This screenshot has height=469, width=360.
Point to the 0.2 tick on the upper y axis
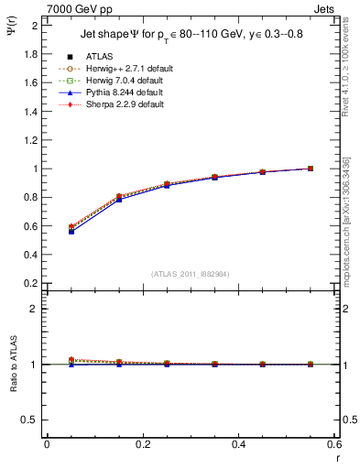click(30, 283)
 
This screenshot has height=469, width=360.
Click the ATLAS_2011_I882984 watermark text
click(190, 274)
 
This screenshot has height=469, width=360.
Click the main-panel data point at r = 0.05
click(71, 231)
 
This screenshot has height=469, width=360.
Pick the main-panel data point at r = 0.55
click(311, 169)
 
